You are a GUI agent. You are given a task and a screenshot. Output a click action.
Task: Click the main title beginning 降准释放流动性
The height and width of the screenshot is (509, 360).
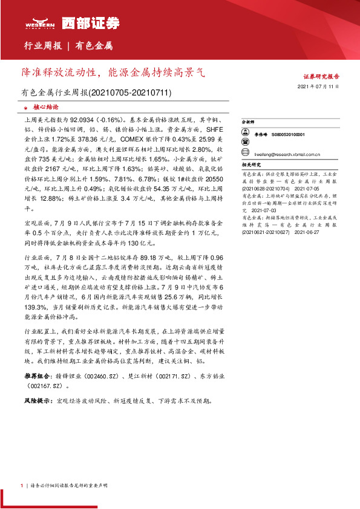113,73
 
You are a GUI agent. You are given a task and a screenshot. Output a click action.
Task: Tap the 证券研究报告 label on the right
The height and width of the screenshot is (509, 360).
321,77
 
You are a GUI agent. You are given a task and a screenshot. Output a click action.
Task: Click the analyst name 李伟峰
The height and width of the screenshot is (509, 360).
261,135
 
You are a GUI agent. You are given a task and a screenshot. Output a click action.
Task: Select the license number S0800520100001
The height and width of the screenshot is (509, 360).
288,135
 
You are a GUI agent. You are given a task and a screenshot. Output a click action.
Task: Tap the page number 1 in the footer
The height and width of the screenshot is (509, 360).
22,485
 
